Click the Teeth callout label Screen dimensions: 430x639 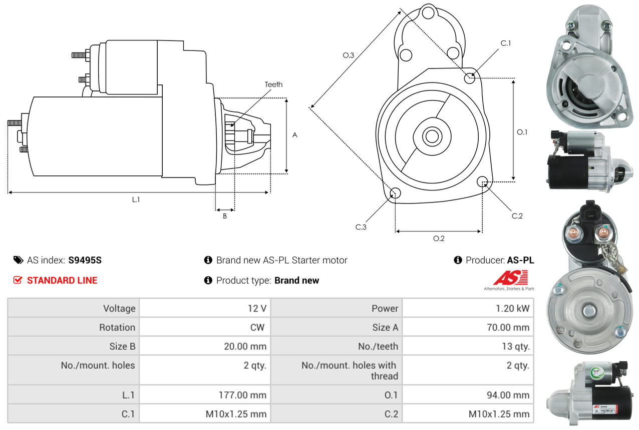(x=273, y=84)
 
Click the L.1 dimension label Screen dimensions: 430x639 (x=136, y=199)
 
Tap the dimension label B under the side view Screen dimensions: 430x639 (x=225, y=216)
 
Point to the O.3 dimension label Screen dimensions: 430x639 (x=349, y=55)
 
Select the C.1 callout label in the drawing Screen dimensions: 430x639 (x=506, y=43)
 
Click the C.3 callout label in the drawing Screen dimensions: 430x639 (x=361, y=227)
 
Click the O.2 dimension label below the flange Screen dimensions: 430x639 (x=439, y=238)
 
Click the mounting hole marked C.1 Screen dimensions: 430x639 (x=470, y=78)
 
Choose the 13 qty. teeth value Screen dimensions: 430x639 (x=515, y=346)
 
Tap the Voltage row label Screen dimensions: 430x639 (x=119, y=308)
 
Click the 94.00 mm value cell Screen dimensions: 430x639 (x=507, y=395)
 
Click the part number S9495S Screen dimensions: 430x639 (x=85, y=260)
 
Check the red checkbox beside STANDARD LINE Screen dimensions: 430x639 (x=18, y=280)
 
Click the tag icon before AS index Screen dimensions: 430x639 (x=18, y=260)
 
